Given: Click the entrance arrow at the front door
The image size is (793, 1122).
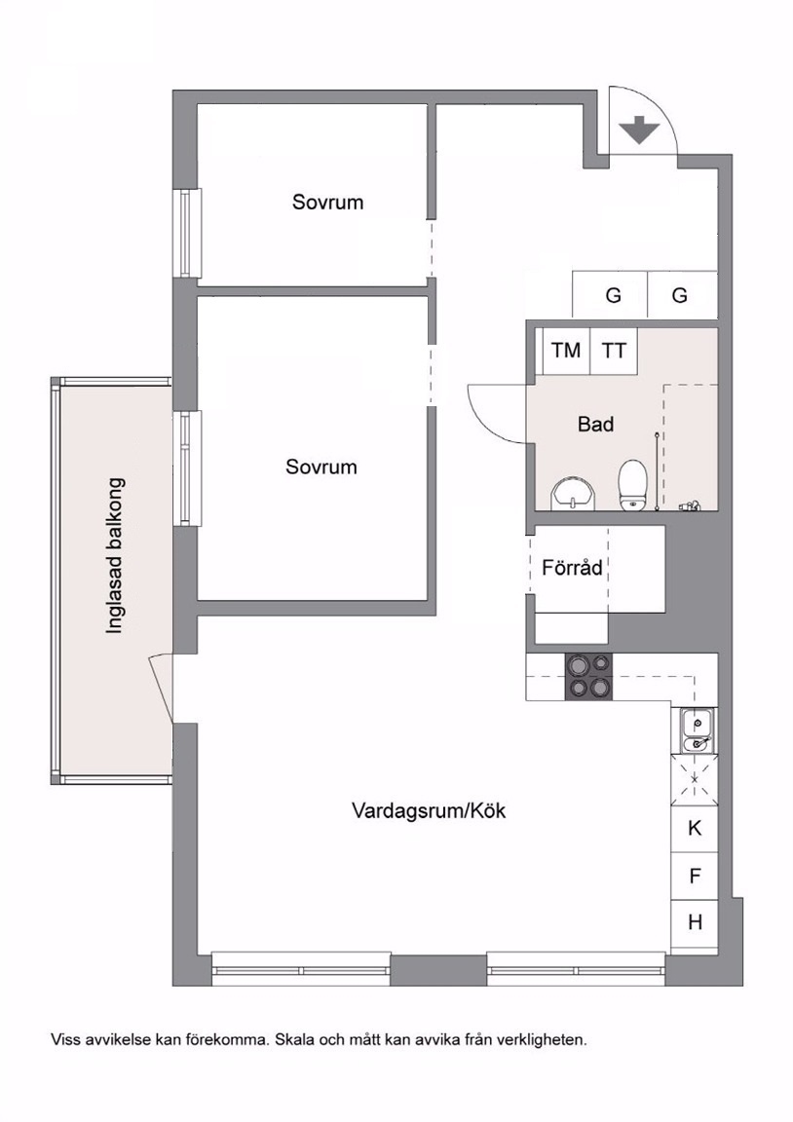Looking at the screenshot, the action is (x=638, y=130).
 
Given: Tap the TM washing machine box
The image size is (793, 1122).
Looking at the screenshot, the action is (x=566, y=351).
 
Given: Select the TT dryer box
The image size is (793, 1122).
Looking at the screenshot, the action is (x=614, y=351).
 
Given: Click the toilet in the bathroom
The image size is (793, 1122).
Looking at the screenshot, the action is (x=632, y=485).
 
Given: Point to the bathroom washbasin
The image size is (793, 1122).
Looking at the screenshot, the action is (x=573, y=493).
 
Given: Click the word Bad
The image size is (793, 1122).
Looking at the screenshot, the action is (x=595, y=425).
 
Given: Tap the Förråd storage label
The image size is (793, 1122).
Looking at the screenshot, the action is (x=572, y=568).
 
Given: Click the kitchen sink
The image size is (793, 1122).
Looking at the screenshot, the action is (x=695, y=730).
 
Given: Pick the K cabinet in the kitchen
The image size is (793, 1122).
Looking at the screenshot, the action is (x=695, y=829).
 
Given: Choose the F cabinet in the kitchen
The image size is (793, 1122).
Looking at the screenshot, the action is (x=695, y=876).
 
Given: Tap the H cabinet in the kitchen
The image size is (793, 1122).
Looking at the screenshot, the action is (x=695, y=923).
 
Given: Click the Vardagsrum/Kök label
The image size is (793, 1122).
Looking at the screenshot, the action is (x=429, y=810).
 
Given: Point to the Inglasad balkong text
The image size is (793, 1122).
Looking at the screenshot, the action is (x=115, y=556).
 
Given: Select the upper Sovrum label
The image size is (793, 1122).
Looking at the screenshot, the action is (x=327, y=202).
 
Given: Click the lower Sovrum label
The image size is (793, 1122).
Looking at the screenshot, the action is (x=321, y=467).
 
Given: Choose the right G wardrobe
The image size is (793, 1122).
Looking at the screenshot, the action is (x=682, y=294).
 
